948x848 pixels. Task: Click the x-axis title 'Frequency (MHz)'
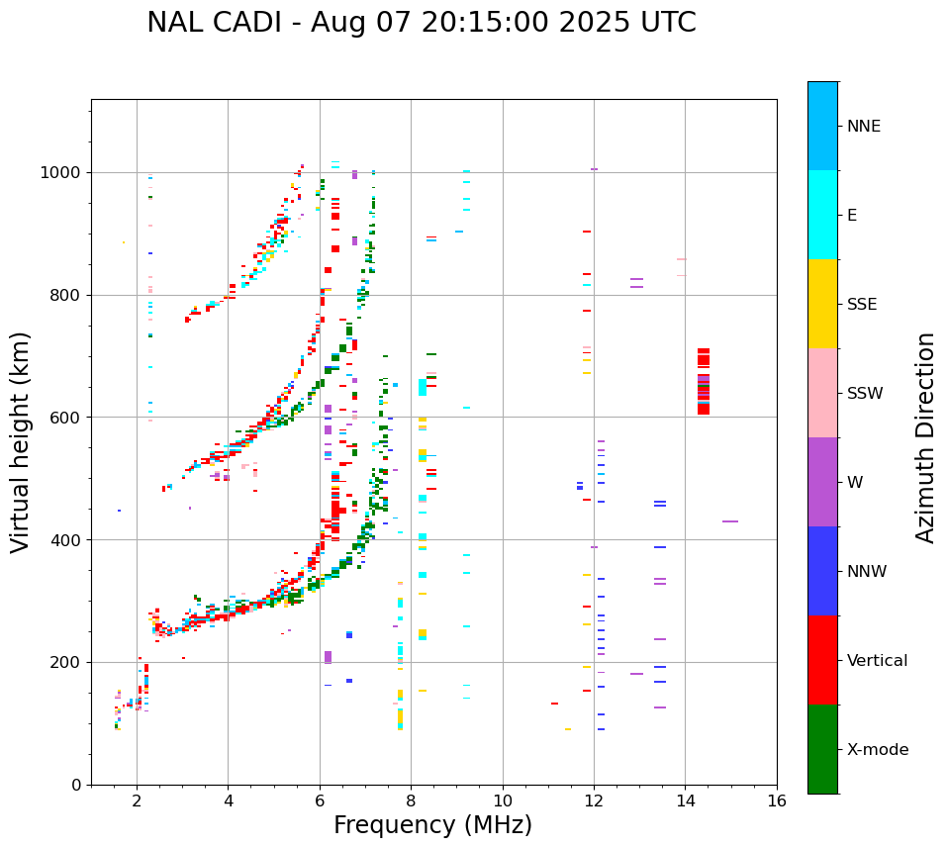point(432,825)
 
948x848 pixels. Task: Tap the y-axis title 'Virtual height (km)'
point(21,441)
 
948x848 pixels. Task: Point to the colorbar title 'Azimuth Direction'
point(925,436)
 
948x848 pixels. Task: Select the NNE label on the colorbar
point(863,127)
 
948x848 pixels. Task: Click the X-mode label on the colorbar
point(877,750)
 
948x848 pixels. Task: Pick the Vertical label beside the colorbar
point(877,661)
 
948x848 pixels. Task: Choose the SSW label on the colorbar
point(865,394)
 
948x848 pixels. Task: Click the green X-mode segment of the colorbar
point(822,749)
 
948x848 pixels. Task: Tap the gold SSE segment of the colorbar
point(822,304)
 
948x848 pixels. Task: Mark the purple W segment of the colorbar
point(822,482)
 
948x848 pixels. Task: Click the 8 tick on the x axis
point(411,801)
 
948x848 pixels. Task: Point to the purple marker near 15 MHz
point(730,521)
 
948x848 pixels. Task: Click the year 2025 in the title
point(584,23)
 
